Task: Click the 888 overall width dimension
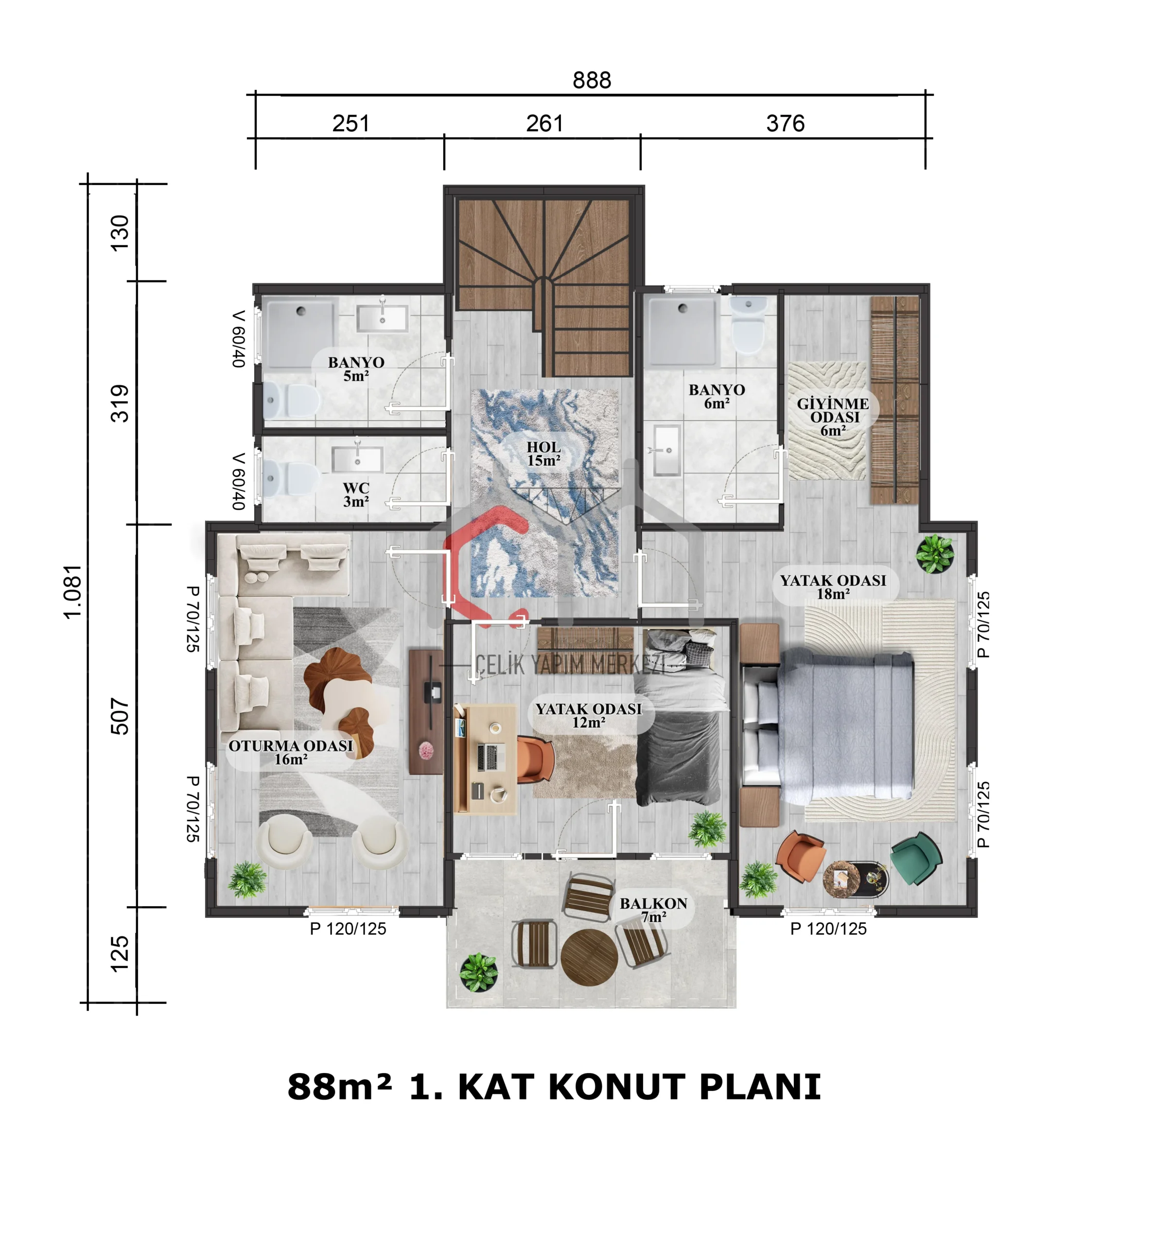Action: coord(592,80)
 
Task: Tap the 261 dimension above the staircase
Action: coord(544,123)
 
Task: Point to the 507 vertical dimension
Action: coord(120,716)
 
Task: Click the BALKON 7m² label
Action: coord(653,910)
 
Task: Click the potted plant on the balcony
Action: coord(479,972)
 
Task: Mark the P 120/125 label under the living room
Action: coord(348,929)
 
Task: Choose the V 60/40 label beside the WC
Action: coord(238,481)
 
